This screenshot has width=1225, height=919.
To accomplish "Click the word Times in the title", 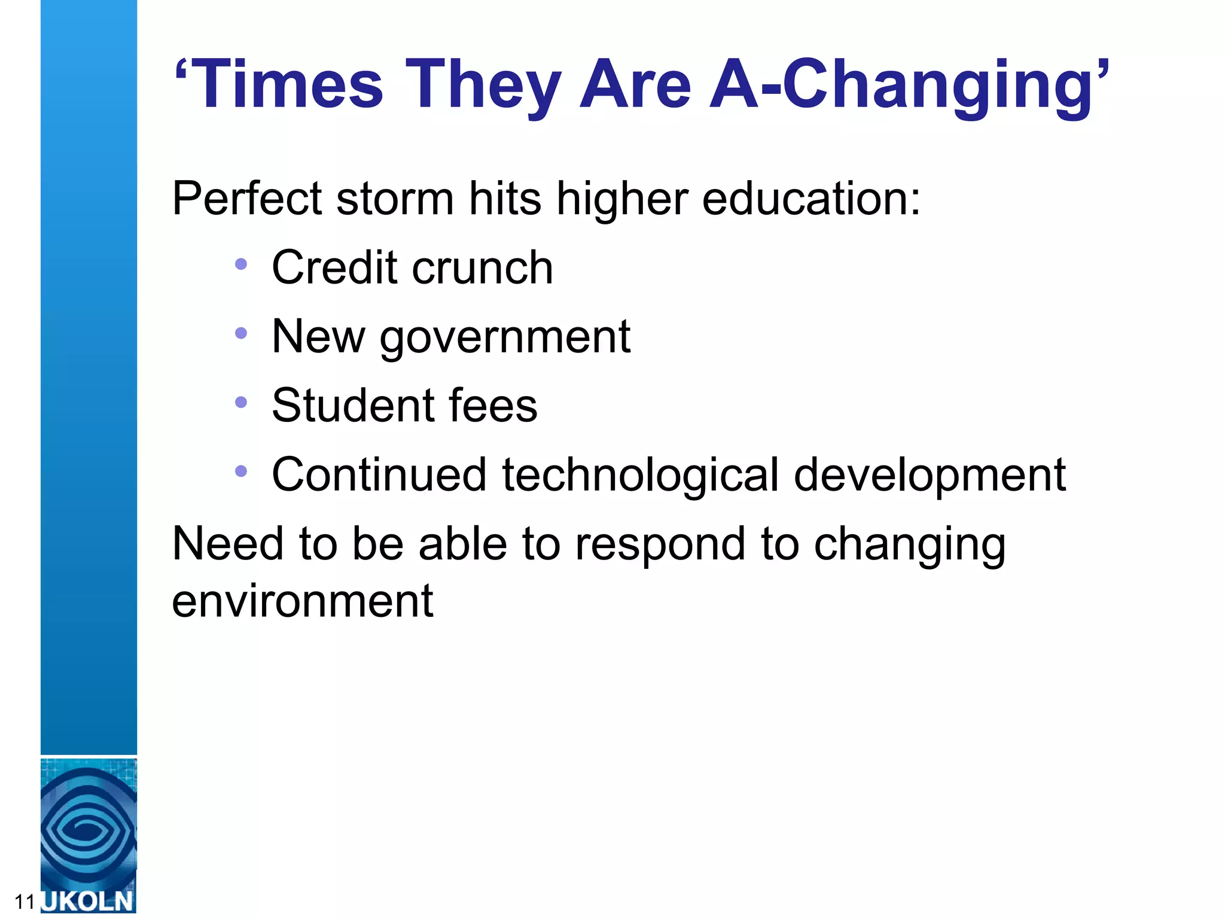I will [289, 85].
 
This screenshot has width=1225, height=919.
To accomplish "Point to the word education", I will [810, 199].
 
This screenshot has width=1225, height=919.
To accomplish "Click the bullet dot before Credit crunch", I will [241, 264].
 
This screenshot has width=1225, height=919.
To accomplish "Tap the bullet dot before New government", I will [241, 333].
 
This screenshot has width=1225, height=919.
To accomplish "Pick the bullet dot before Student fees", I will [241, 402].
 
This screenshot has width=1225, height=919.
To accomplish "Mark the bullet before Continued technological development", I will [241, 471].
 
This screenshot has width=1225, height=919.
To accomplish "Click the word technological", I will [640, 476].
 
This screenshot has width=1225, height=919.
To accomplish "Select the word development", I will [930, 476].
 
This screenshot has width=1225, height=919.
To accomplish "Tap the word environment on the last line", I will [302, 601].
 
